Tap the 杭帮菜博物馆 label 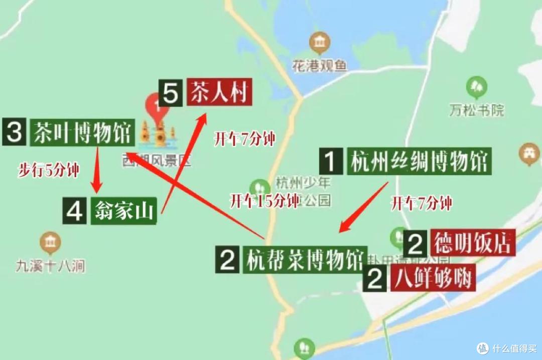pos(306,260)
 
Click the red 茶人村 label pos(219,92)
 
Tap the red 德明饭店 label pos(472,243)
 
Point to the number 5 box pos(171,93)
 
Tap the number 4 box pos(75,212)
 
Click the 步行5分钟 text pos(48,170)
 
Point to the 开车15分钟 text pos(264,201)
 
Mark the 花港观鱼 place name pos(320,65)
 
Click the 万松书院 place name pos(476,109)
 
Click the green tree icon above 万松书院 pos(476,87)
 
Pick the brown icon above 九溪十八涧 pos(50,243)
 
